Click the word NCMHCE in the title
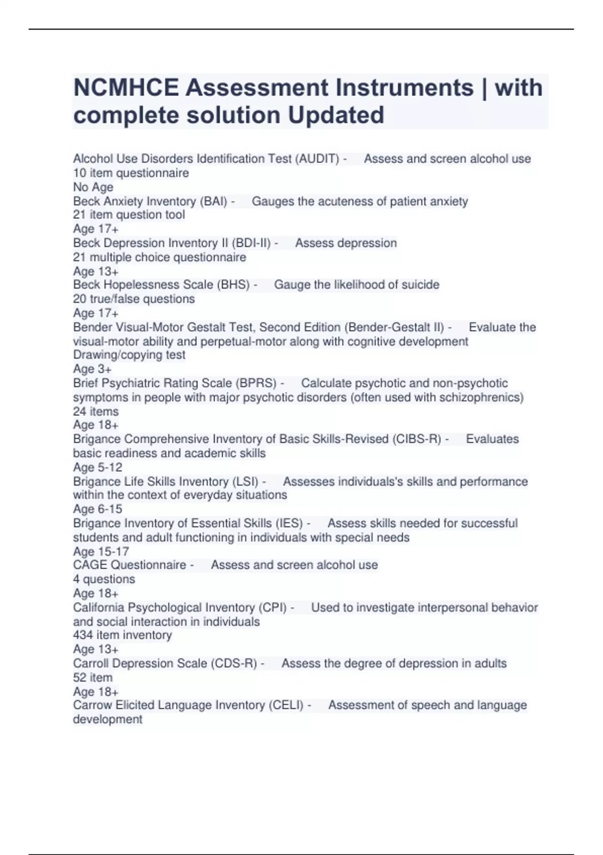[x=126, y=88]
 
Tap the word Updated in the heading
[x=336, y=115]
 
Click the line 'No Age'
[x=93, y=187]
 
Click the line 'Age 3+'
[x=92, y=369]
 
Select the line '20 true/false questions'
[x=134, y=299]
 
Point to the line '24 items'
[x=95, y=411]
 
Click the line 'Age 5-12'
[x=97, y=467]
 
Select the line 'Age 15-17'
[x=100, y=551]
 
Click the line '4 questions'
[x=104, y=579]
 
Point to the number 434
[x=83, y=635]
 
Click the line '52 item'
[x=92, y=677]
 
